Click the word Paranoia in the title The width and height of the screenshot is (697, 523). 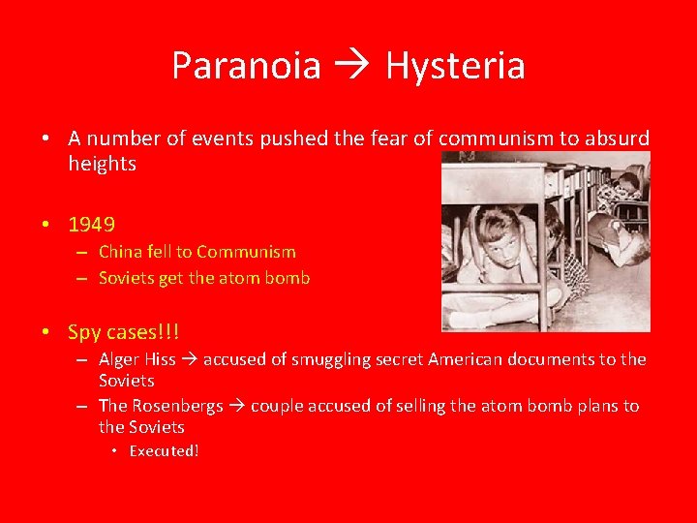pos(246,66)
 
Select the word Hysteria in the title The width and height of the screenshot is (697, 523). pos(455,66)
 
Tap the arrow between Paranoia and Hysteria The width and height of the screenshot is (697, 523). pos(353,67)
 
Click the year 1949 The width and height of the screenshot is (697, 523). pos(92,225)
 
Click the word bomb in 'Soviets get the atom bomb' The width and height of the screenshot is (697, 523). pos(288,278)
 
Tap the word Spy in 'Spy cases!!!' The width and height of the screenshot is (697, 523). pos(84,332)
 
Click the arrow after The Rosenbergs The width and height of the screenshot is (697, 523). pos(237,407)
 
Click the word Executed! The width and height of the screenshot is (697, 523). pos(164,451)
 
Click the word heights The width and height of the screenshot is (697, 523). pos(102,164)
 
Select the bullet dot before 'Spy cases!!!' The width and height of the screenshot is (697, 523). pos(46,333)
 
